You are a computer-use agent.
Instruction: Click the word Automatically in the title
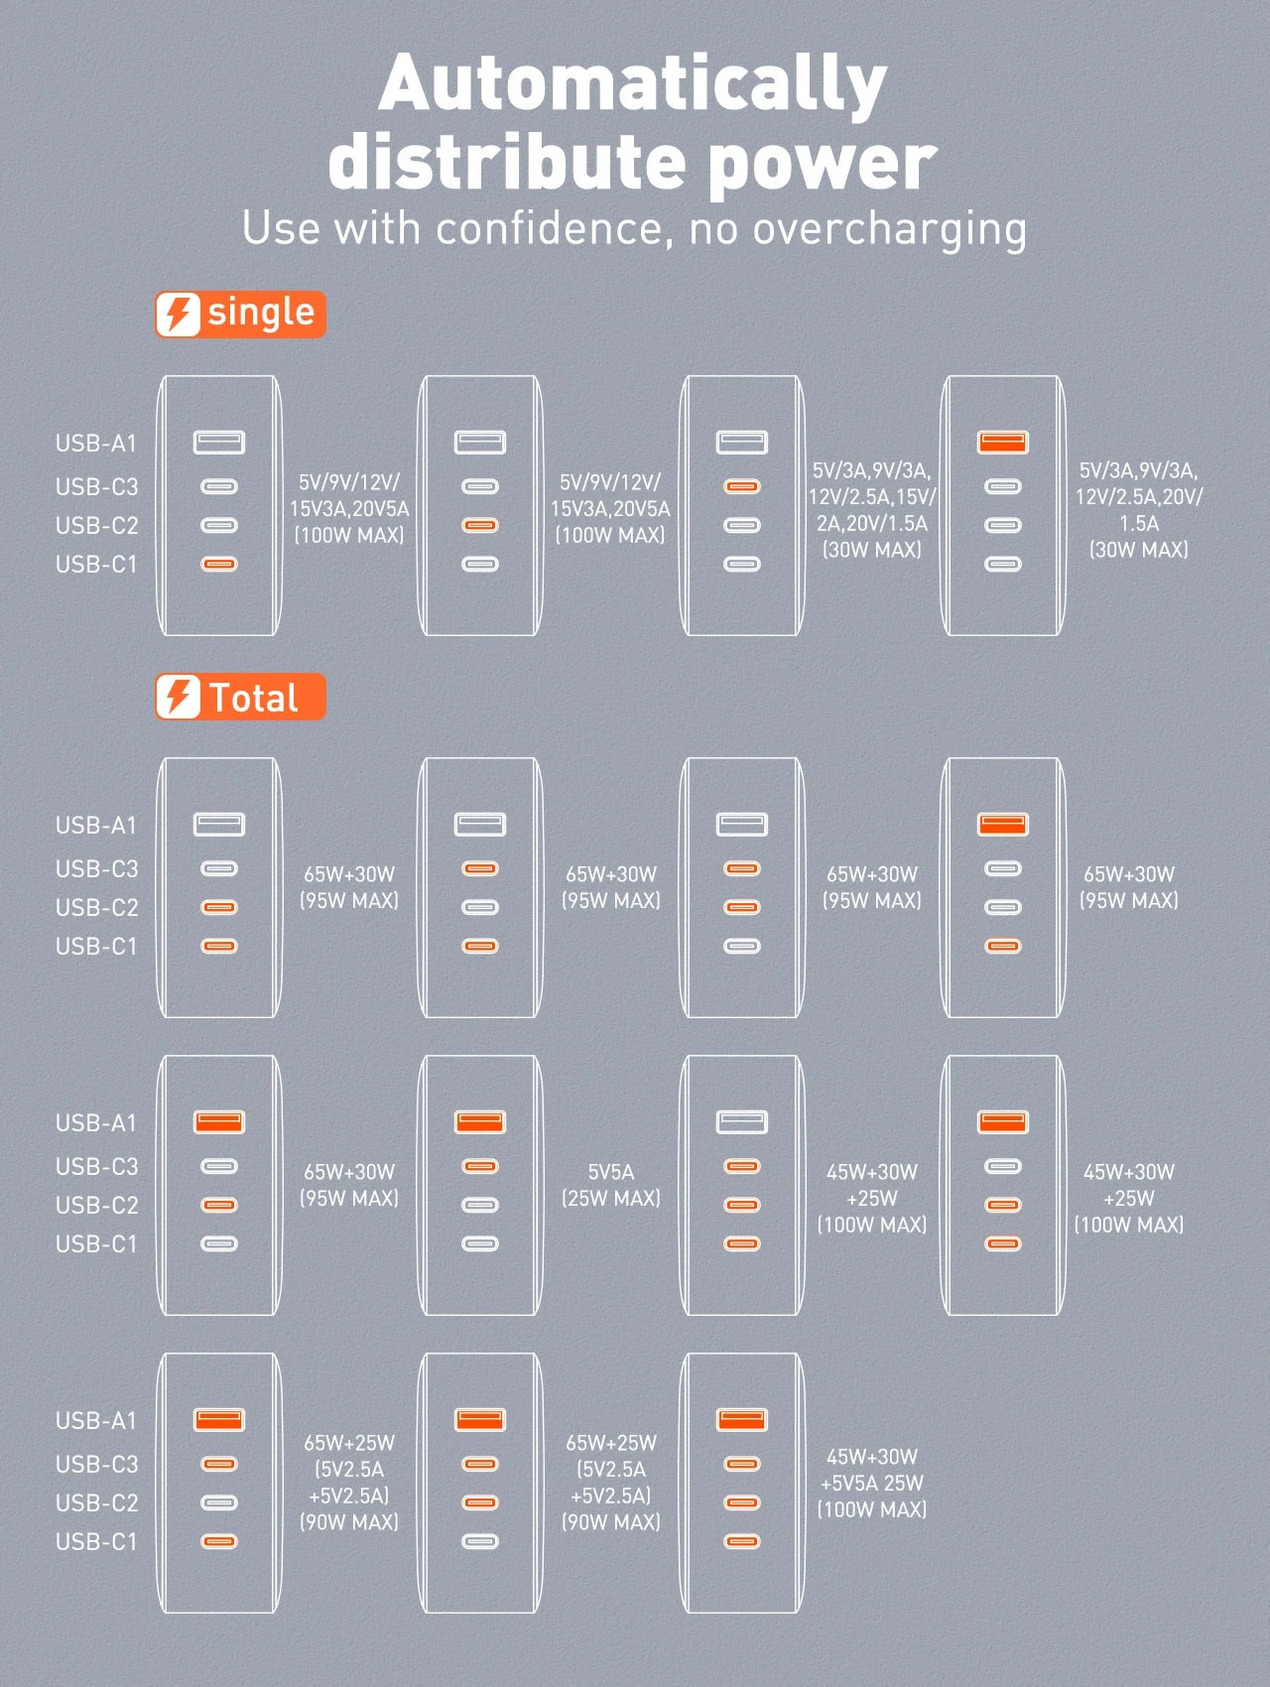(x=632, y=85)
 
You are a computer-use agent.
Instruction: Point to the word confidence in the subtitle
(x=548, y=228)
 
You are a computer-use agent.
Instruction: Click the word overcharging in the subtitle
(x=889, y=230)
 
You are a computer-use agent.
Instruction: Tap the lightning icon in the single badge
(x=179, y=314)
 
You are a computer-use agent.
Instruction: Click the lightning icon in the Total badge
(x=179, y=696)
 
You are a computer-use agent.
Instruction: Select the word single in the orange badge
(x=261, y=313)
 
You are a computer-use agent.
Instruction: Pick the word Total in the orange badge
(x=253, y=698)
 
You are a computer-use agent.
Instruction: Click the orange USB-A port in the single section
(x=1002, y=442)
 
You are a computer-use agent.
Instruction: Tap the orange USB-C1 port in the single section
(x=219, y=564)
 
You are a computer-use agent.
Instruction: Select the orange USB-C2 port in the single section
(x=480, y=525)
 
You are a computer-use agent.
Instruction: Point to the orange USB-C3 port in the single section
(x=741, y=486)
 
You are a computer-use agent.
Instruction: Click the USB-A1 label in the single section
(x=95, y=444)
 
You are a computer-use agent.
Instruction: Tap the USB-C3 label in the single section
(x=96, y=486)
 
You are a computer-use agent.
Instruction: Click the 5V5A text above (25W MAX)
(x=610, y=1172)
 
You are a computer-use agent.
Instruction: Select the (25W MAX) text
(x=610, y=1198)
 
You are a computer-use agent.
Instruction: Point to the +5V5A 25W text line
(x=871, y=1483)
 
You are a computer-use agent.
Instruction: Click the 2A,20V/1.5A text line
(x=871, y=523)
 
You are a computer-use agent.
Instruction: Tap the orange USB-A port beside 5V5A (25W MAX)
(x=480, y=1121)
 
